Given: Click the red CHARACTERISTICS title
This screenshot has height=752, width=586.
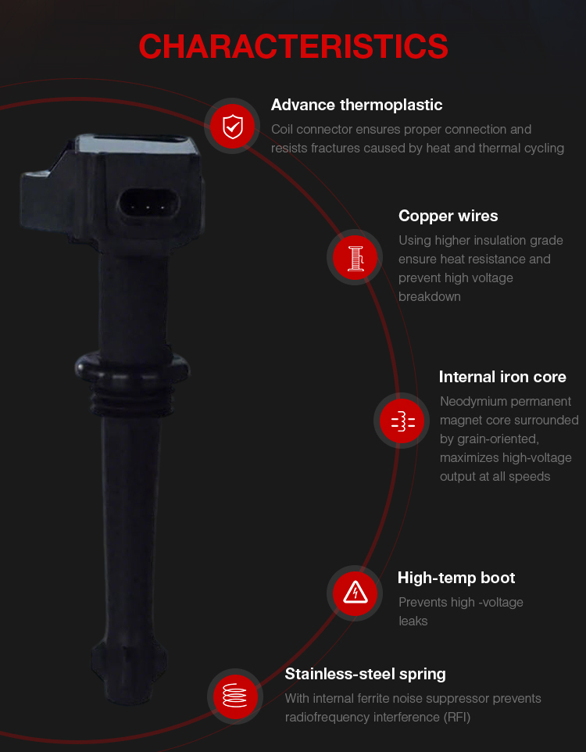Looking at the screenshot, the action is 293,47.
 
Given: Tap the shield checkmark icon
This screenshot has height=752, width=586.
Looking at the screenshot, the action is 233,126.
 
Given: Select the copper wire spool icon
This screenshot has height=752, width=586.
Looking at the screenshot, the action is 356,258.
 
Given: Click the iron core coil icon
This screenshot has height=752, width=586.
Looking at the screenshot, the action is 402,421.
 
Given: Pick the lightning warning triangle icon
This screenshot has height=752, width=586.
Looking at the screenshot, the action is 356,593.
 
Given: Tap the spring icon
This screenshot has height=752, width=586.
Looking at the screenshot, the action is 235,696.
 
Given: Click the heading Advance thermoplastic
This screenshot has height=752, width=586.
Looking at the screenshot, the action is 356,105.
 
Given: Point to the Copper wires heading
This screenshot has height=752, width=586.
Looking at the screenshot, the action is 448,216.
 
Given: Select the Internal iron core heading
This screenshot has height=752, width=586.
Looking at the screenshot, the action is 502,377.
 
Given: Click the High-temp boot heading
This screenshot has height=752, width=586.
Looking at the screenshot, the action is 456,578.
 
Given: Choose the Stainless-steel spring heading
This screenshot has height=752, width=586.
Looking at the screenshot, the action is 365,675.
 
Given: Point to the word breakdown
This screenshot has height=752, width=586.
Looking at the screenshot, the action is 429,297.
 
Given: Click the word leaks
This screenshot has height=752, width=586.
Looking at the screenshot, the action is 413,621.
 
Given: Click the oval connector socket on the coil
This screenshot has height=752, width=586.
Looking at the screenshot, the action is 148,207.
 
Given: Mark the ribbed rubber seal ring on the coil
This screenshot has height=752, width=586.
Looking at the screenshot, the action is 132,384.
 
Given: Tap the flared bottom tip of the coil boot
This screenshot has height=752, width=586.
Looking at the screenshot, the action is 130,671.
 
